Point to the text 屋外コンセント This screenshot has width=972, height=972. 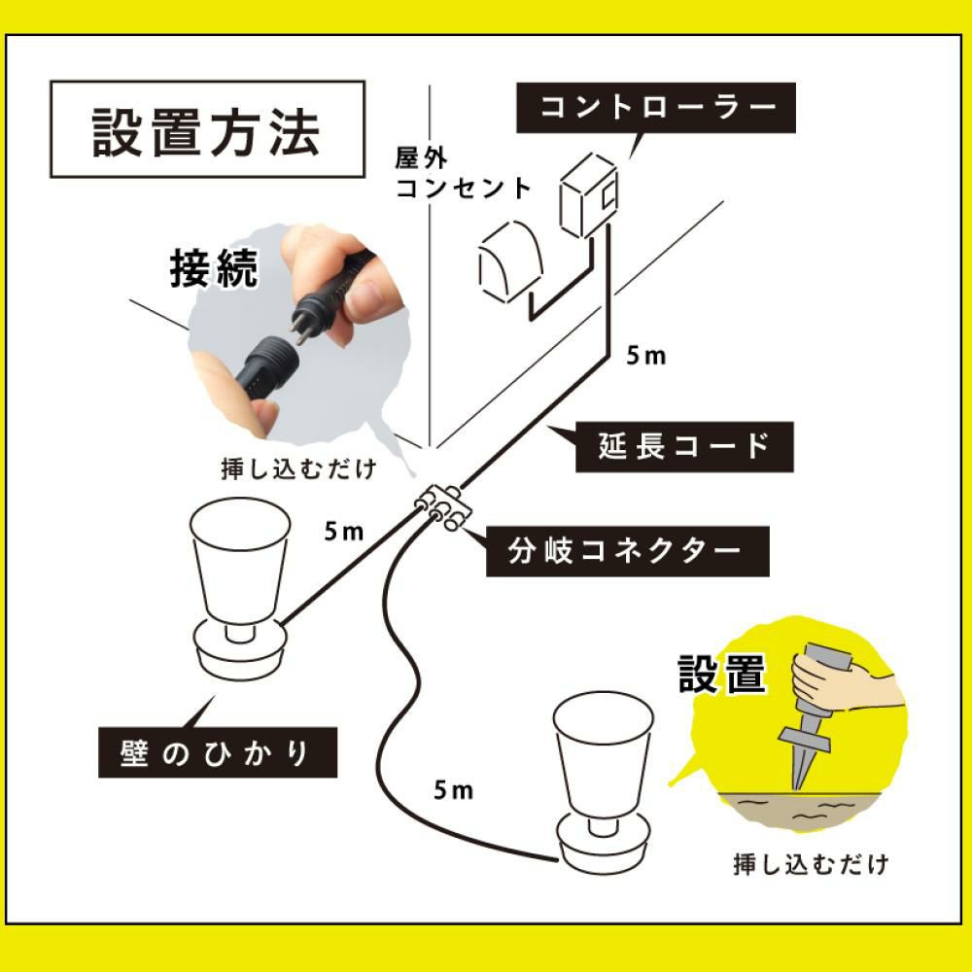pyautogui.click(x=462, y=172)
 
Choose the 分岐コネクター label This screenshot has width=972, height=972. pyautogui.click(x=627, y=551)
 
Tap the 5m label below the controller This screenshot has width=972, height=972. pyautogui.click(x=644, y=357)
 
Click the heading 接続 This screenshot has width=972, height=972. pyautogui.click(x=214, y=269)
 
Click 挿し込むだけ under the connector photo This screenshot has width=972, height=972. pyautogui.click(x=297, y=469)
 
